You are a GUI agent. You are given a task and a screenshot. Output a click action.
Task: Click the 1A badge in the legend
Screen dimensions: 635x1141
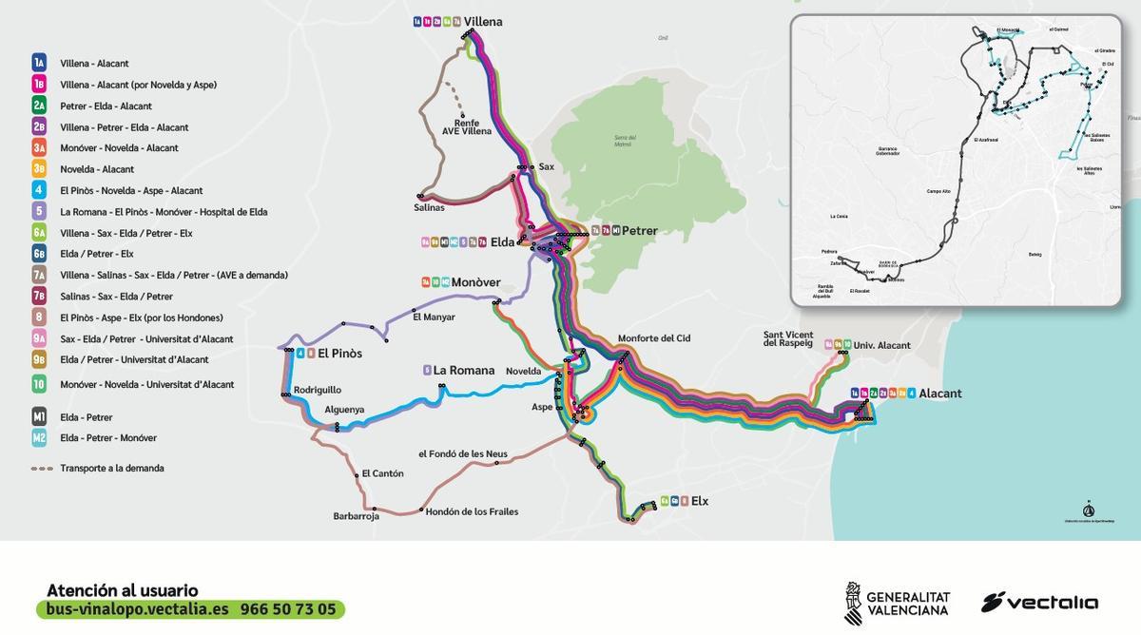pos(39,63)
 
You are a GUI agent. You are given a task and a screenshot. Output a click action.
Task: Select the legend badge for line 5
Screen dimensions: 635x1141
pos(39,211)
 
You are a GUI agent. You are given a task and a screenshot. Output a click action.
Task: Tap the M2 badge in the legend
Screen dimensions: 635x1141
pos(39,438)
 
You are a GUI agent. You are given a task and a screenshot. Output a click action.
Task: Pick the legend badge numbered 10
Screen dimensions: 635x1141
pos(39,384)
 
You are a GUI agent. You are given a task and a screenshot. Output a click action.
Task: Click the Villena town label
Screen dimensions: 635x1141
pos(483,22)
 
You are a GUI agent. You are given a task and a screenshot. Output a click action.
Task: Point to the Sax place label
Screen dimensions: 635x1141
pos(546,166)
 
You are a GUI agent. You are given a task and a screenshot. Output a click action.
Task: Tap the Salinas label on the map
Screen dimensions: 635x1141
pos(429,207)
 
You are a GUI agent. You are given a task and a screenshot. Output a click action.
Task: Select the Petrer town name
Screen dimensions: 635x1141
pos(639,231)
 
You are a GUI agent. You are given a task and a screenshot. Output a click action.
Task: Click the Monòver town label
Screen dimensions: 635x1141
pos(475,282)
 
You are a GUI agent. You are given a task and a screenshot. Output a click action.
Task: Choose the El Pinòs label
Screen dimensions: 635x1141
pos(339,354)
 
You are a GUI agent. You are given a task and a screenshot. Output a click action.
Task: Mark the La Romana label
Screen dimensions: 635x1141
pos(464,371)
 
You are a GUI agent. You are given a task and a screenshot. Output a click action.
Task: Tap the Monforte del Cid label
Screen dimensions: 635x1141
pos(654,337)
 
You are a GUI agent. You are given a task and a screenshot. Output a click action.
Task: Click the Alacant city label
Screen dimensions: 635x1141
pos(940,394)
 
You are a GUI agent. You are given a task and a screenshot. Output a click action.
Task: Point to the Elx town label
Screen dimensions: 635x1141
pos(700,501)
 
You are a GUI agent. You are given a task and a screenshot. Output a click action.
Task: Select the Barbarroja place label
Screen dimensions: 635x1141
pos(357,516)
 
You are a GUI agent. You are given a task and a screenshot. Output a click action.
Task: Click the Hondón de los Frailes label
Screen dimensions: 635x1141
pos(472,511)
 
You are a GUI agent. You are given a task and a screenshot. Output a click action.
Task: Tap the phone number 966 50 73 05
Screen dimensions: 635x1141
pos(288,609)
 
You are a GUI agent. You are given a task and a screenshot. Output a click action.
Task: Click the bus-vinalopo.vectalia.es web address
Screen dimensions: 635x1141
pos(138,609)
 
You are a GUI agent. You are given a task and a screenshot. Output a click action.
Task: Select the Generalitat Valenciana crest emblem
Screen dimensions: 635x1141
pos(853,603)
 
